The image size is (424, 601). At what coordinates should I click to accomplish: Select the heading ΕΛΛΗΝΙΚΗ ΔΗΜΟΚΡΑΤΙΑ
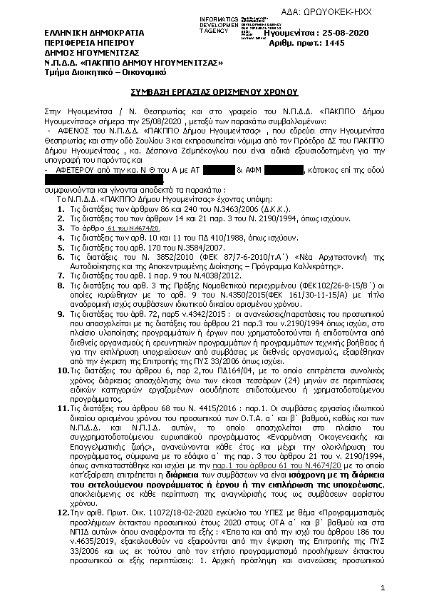[84, 33]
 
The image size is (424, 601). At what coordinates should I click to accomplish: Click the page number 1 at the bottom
[383, 587]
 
